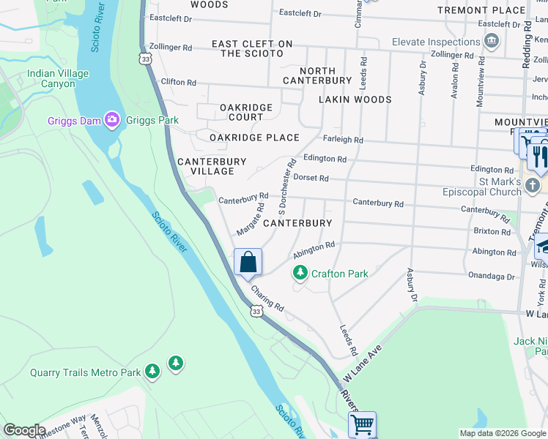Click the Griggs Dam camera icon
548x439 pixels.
click(x=112, y=119)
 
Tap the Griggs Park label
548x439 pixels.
click(x=141, y=120)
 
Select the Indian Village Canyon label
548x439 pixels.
click(x=57, y=78)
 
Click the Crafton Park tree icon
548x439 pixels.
click(x=300, y=274)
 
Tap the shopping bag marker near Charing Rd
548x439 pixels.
click(x=248, y=263)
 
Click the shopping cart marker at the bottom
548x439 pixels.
click(x=363, y=424)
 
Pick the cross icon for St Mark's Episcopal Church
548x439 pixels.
click(x=533, y=187)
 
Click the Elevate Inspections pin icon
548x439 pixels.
click(x=491, y=41)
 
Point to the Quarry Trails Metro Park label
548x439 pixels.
click(x=85, y=372)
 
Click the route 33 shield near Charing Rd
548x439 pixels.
click(x=255, y=311)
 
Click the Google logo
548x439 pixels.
click(x=24, y=430)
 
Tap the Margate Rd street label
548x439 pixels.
click(x=250, y=220)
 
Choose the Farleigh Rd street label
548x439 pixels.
click(x=343, y=139)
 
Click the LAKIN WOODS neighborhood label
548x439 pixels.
click(x=355, y=99)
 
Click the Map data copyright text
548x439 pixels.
click(x=502, y=432)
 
